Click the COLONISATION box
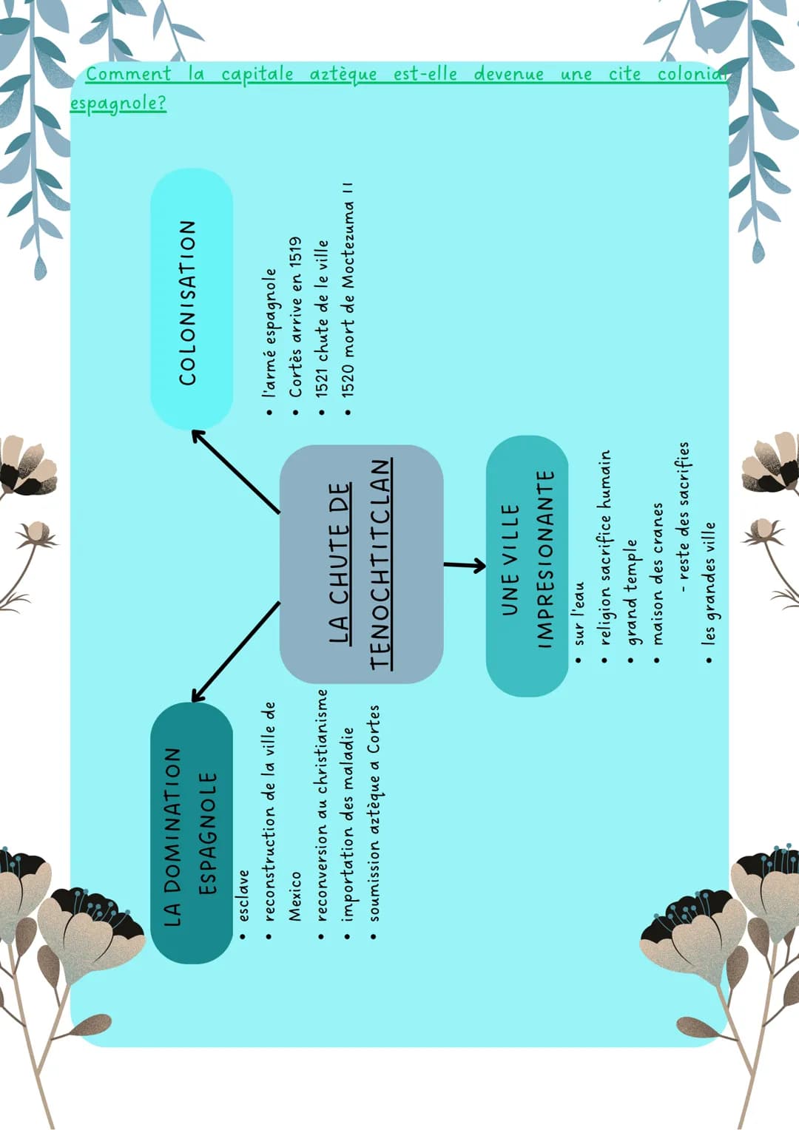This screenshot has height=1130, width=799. click(192, 299)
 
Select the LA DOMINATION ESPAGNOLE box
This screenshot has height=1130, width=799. click(192, 833)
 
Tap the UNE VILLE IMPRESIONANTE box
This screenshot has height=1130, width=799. click(527, 566)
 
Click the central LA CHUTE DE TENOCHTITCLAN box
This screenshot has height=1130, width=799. click(361, 564)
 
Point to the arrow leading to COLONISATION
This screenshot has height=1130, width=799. click(236, 472)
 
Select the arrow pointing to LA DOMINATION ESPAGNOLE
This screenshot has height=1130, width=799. click(236, 652)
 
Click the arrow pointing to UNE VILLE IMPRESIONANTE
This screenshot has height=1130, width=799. click(465, 565)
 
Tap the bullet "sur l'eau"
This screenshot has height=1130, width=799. click(579, 613)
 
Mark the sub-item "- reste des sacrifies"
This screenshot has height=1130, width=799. click(684, 518)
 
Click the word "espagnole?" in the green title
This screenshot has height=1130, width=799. click(118, 104)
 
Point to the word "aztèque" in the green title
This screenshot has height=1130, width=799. click(343, 75)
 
